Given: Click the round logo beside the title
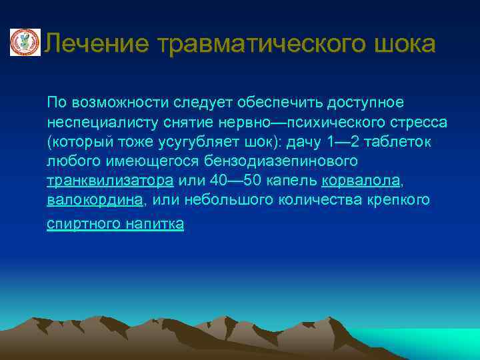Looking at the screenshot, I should pos(25,43).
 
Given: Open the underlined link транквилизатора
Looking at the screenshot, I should pos(110,181).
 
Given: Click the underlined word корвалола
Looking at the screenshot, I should pos(361,181).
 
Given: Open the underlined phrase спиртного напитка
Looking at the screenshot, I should pos(115,224).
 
